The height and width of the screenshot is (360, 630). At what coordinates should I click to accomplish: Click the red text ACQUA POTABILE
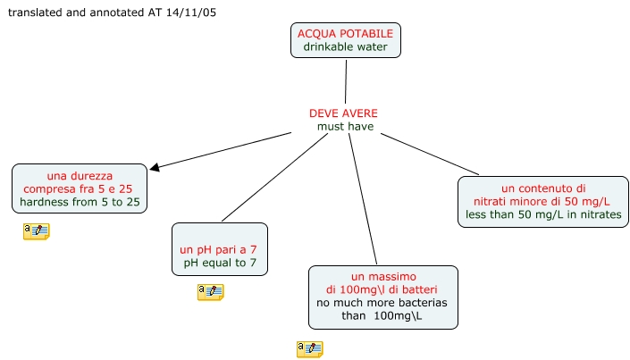tap(345, 33)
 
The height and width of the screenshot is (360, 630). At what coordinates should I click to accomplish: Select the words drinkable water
tap(345, 46)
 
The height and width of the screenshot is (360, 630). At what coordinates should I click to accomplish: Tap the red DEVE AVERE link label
tap(343, 113)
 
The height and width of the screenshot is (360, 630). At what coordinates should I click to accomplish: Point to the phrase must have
tap(345, 127)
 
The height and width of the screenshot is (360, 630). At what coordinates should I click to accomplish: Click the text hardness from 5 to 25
tap(80, 203)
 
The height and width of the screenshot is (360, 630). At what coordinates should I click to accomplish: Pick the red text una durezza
tap(80, 176)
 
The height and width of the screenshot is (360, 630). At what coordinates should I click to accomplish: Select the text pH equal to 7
tap(219, 263)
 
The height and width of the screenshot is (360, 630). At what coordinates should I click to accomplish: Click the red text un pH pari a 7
tap(219, 249)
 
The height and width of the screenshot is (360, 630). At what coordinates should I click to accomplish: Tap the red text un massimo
tap(382, 276)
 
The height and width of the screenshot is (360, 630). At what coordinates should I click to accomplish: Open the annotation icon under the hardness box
tap(37, 231)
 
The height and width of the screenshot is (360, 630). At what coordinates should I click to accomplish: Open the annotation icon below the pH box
tap(210, 292)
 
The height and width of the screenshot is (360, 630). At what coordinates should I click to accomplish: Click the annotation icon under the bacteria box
tap(309, 349)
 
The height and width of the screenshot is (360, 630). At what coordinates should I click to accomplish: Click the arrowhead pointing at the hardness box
tap(155, 166)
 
